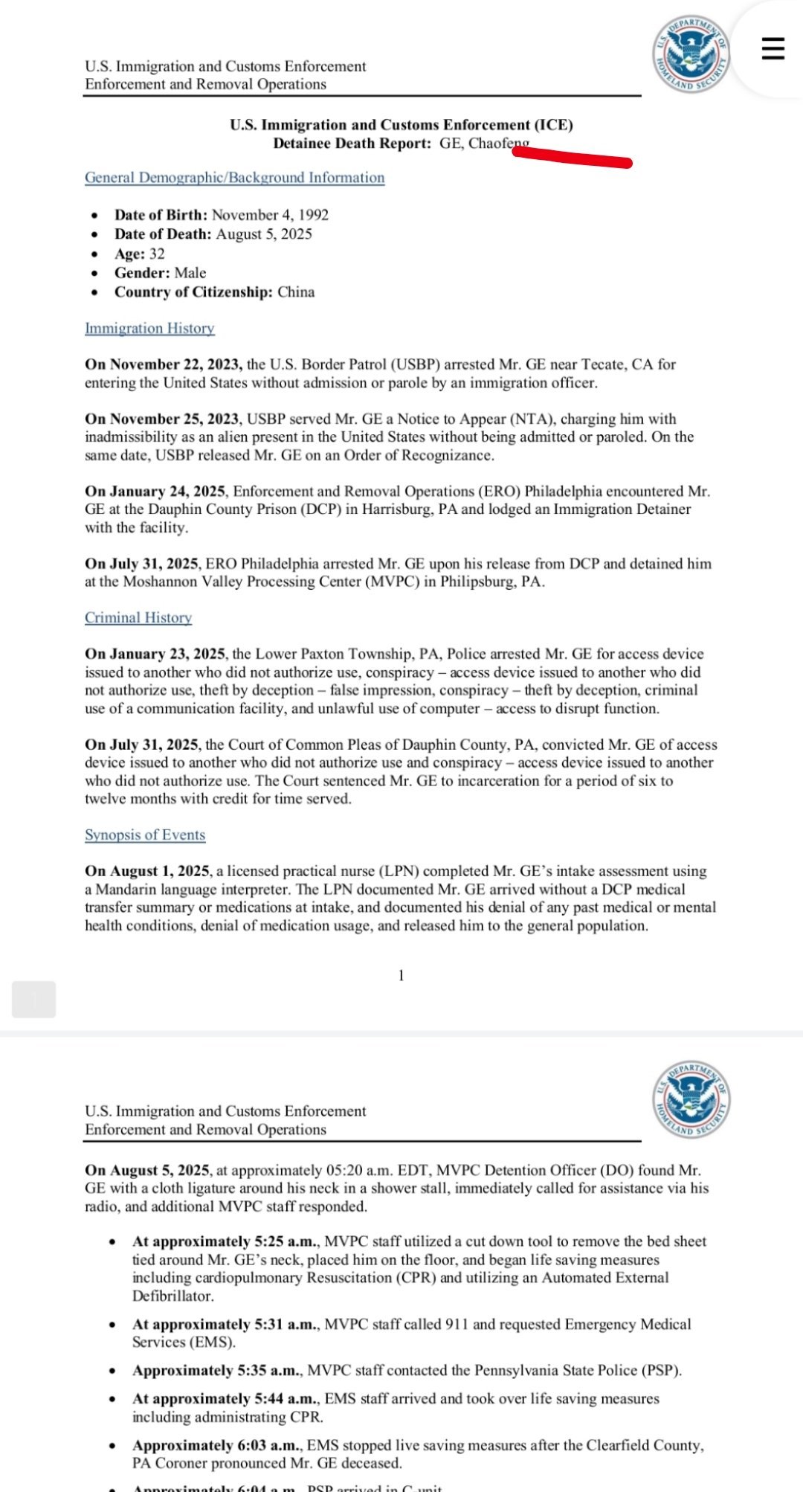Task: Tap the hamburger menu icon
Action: [x=773, y=48]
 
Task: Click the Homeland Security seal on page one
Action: [x=691, y=54]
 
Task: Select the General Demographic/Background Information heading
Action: [x=234, y=178]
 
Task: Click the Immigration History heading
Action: [x=149, y=328]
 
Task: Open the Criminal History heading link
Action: [x=138, y=617]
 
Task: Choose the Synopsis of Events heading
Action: [x=145, y=835]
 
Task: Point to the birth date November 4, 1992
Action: [x=270, y=215]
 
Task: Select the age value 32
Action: [x=157, y=254]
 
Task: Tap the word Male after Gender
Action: [x=190, y=273]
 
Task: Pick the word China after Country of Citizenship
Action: [x=296, y=292]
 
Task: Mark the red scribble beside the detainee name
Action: [x=573, y=157]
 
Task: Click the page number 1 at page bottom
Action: [x=401, y=976]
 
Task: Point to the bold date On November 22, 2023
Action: [x=163, y=364]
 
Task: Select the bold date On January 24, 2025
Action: [x=155, y=492]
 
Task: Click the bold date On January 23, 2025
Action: [x=155, y=654]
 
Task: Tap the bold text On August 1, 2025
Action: [x=148, y=871]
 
